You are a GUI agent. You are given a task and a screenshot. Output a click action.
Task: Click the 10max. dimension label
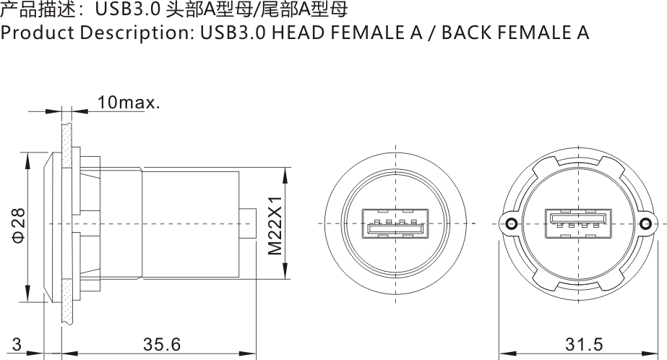(128, 103)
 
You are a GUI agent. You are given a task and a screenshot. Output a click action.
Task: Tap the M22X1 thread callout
(275, 225)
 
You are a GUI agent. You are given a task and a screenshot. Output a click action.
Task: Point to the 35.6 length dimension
(161, 345)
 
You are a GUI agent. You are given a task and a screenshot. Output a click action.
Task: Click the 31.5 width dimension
(583, 345)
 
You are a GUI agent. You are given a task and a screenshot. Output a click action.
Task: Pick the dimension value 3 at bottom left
(16, 345)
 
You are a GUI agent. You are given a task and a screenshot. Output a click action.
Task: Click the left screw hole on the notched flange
(512, 224)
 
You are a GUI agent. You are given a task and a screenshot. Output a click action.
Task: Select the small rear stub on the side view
(248, 224)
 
